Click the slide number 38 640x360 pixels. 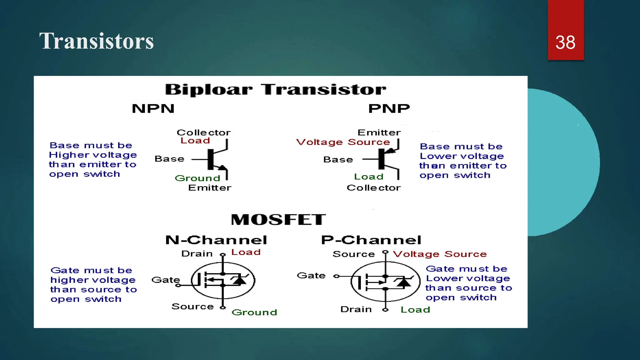[565, 42]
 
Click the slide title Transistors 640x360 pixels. [96, 41]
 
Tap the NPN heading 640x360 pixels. [153, 109]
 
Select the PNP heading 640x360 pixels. [389, 109]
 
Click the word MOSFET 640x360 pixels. [278, 219]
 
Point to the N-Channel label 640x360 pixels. [216, 240]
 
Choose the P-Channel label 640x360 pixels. [371, 240]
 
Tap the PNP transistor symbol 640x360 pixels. [387, 159]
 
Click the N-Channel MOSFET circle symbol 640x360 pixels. [223, 280]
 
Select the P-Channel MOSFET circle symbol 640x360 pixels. [385, 282]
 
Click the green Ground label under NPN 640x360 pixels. [197, 178]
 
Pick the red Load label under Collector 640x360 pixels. [195, 141]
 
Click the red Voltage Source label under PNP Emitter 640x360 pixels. [343, 142]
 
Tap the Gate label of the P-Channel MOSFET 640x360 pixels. [311, 276]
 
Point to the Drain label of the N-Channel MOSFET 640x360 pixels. [197, 253]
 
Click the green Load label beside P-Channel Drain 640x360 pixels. [415, 310]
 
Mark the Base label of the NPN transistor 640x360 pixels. [169, 159]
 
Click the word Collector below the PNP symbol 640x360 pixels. [373, 188]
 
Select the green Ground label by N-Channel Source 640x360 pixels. [254, 312]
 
